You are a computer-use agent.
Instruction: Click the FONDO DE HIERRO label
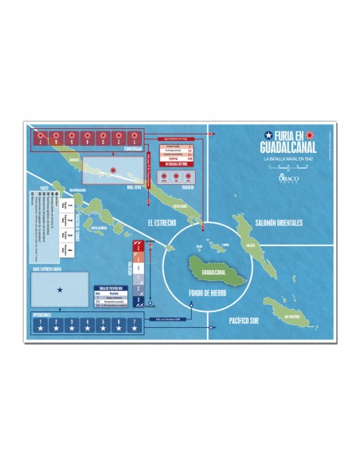195,294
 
